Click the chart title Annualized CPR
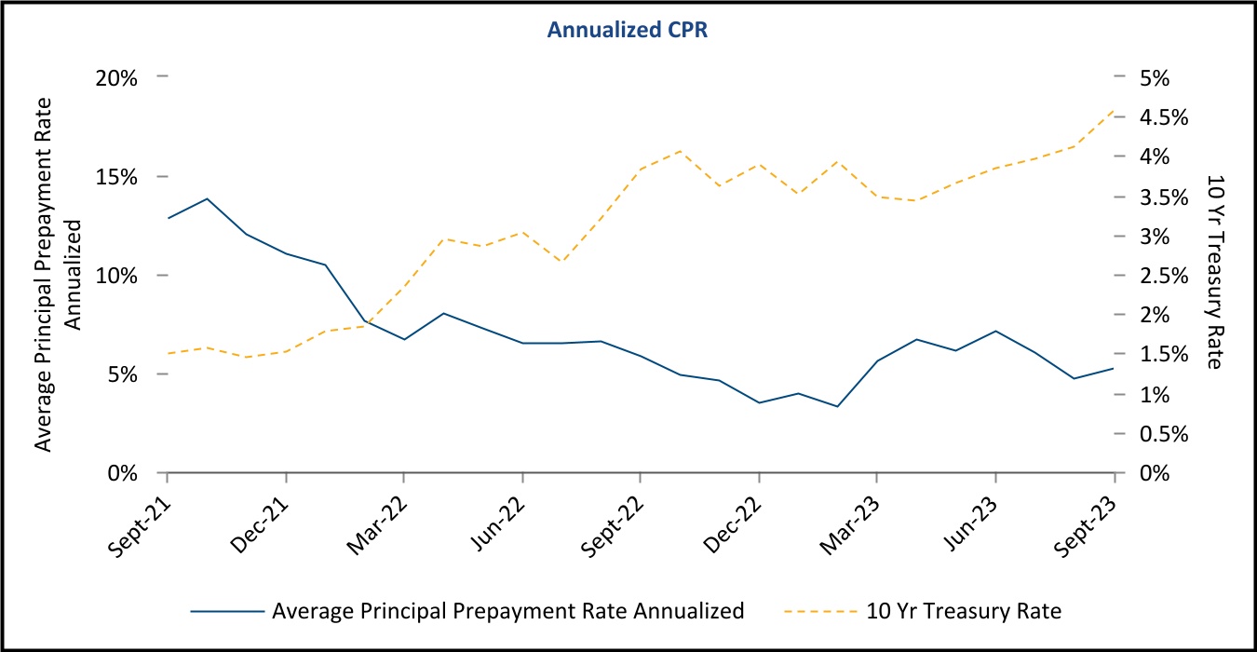point(628,30)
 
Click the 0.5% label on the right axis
point(1164,434)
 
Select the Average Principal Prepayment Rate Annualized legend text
point(507,612)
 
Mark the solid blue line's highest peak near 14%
point(207,198)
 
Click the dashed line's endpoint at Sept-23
point(1115,110)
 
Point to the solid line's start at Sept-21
point(168,218)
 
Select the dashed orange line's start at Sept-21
point(168,353)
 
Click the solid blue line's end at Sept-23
point(1115,369)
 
